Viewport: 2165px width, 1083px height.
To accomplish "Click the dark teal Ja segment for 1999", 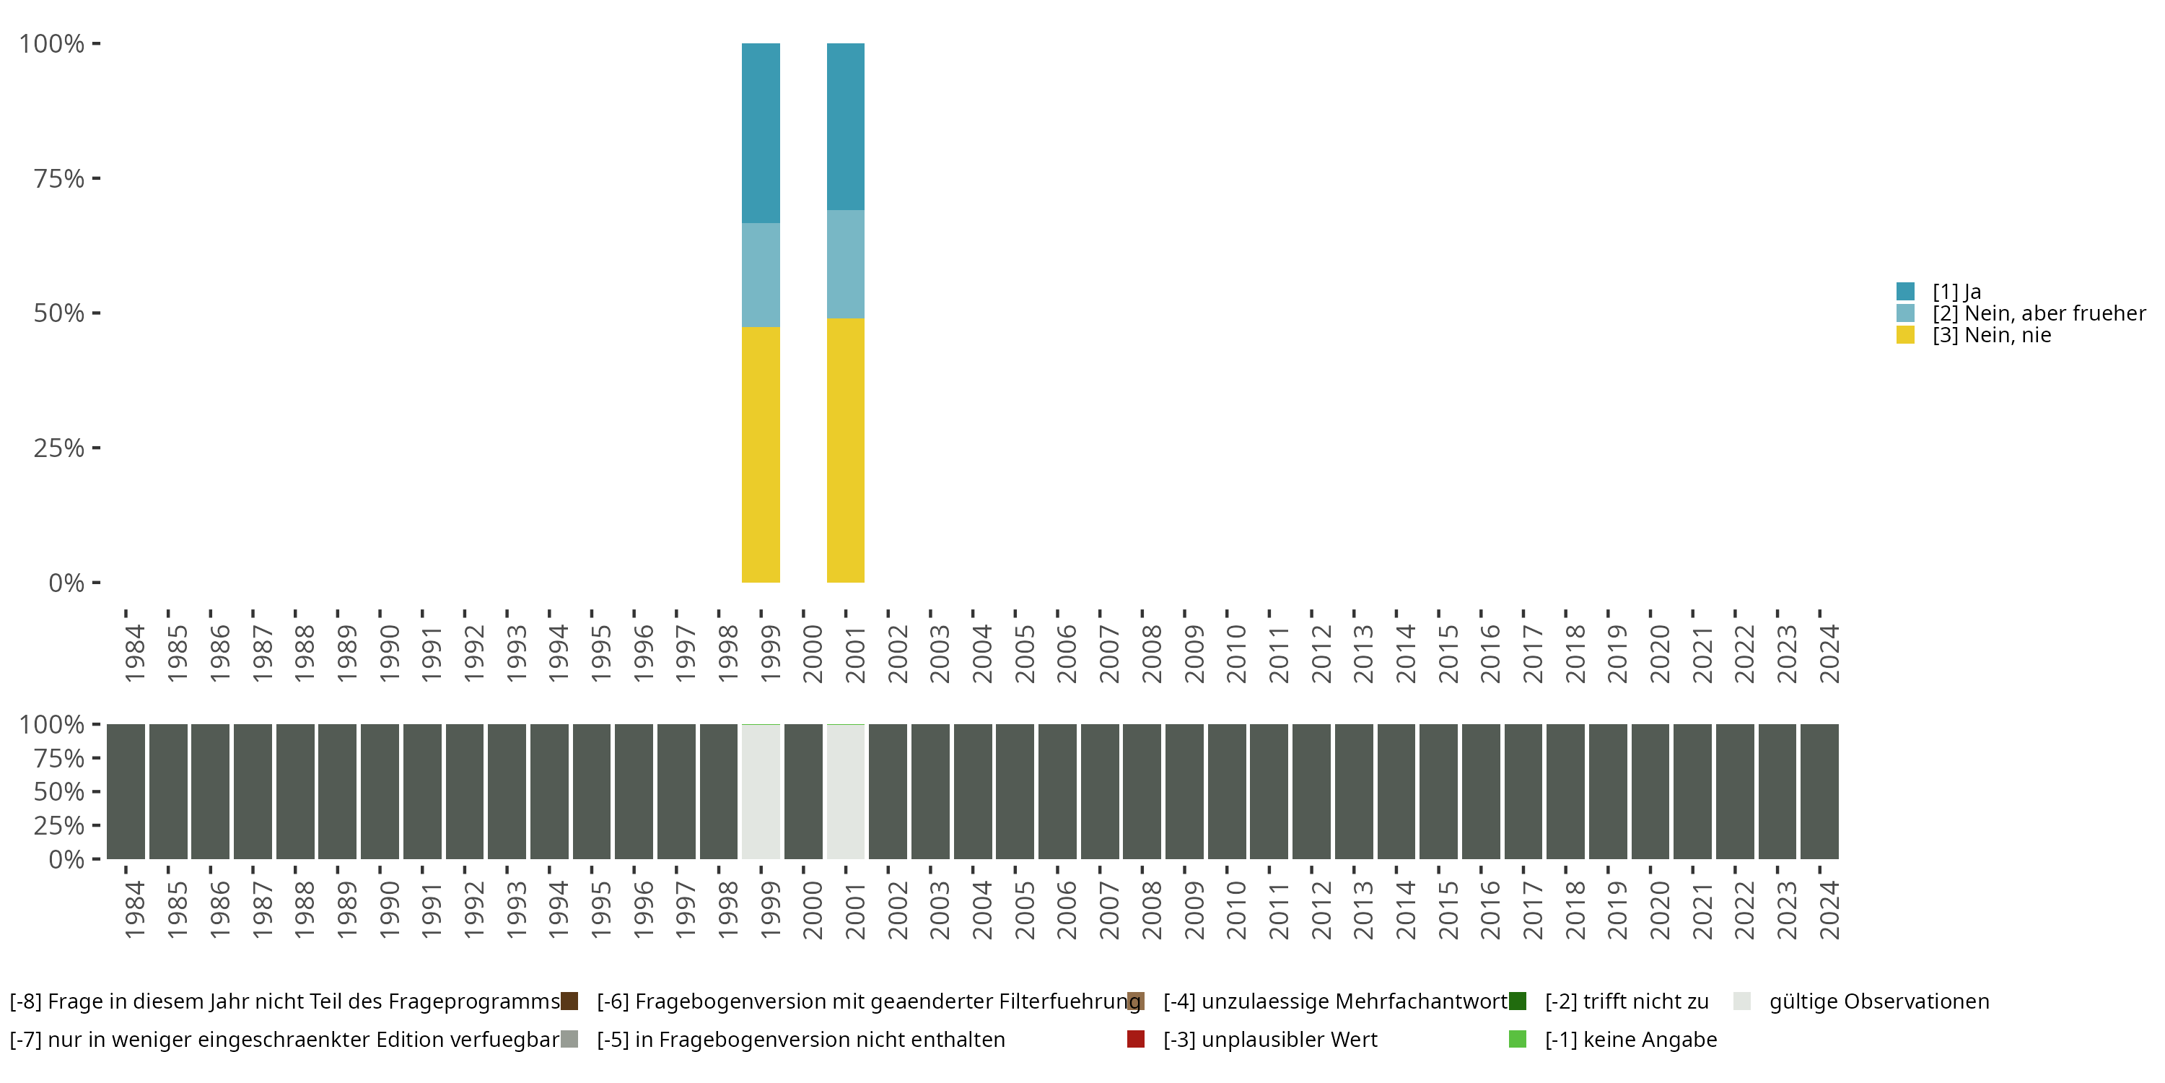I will click(x=761, y=133).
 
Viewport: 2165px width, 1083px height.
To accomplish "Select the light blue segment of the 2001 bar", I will click(x=846, y=264).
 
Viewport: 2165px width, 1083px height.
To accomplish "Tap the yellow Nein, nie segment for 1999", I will click(x=761, y=454).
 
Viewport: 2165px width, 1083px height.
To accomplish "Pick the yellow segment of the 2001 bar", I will click(x=846, y=450).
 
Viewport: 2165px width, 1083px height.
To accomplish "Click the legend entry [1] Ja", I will click(x=1956, y=292).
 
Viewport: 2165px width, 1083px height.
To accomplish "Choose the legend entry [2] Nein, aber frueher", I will click(x=2038, y=313).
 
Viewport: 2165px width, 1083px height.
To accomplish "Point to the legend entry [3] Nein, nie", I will click(x=1991, y=336).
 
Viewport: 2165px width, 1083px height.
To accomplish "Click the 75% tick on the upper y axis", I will click(x=59, y=178).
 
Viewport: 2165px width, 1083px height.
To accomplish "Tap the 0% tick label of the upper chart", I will click(x=66, y=583).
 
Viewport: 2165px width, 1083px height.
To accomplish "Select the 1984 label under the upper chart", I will click(x=134, y=653).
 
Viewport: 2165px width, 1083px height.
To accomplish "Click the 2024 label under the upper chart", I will click(x=1829, y=653).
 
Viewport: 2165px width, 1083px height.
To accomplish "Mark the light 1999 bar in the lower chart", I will click(x=761, y=791).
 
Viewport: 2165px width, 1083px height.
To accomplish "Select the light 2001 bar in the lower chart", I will click(x=846, y=791).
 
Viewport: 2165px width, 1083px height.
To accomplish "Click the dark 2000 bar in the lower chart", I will click(x=803, y=791).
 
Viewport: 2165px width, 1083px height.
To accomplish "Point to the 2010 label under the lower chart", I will click(x=1235, y=910).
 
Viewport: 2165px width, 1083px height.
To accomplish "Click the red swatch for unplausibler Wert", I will click(x=1135, y=1039).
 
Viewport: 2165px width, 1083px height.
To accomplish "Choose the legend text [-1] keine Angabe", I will click(x=1630, y=1039).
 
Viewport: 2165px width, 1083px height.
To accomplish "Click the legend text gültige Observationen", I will click(x=1878, y=1001).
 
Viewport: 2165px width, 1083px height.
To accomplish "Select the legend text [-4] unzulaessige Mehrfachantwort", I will click(x=1334, y=1001).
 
